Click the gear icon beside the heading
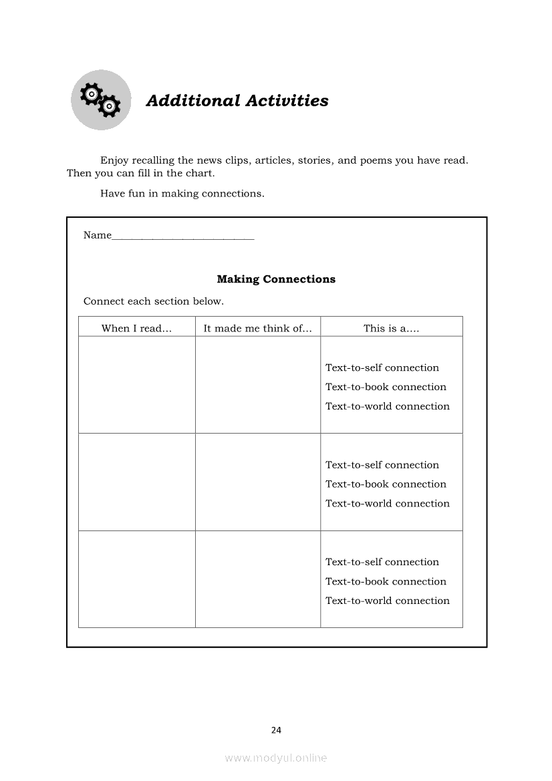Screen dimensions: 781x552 tap(101, 100)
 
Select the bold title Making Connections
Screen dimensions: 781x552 tap(276, 279)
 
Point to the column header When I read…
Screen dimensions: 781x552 tap(136, 328)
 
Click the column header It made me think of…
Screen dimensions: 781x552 tap(257, 328)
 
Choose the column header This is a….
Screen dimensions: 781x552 tap(391, 328)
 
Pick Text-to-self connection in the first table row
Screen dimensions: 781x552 tap(382, 367)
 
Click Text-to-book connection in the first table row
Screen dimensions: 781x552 tap(386, 387)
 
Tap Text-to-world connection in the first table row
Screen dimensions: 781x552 tap(387, 406)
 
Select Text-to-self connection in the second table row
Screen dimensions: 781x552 tap(382, 465)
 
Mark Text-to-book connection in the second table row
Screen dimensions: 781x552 tap(386, 484)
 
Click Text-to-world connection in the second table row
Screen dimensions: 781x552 tap(387, 504)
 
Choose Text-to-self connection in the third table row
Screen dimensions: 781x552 tap(382, 562)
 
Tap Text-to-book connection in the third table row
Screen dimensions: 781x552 tap(386, 581)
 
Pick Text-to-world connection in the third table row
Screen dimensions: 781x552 tap(387, 601)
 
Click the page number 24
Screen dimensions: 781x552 tap(276, 730)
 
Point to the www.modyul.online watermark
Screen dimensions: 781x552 tap(276, 758)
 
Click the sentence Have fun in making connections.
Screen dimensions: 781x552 tap(182, 194)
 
